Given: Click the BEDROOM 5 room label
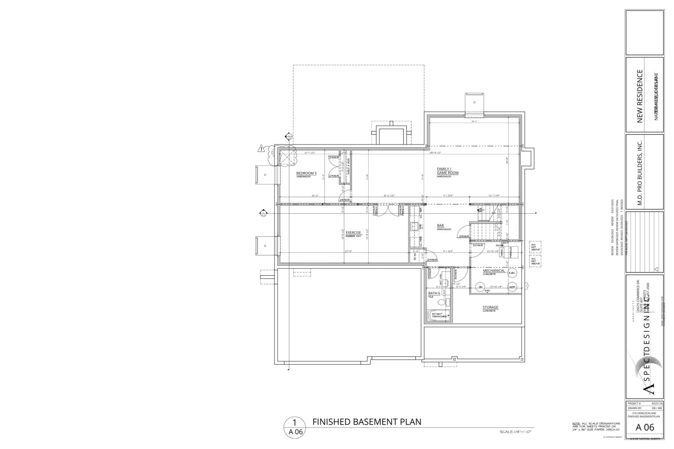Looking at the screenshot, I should point(306,173).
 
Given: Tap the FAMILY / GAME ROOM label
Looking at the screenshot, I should point(447,171).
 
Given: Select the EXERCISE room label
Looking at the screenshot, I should point(353,232).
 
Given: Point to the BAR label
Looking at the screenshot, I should point(440,226).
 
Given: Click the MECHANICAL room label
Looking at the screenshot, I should point(494,271).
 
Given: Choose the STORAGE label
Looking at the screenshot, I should point(490,308).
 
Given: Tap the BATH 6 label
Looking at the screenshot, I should point(434,293).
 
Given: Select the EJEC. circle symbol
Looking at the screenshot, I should point(513,273).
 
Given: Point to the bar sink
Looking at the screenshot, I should point(415,227).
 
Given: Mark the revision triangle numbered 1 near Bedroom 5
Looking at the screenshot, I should point(261,148).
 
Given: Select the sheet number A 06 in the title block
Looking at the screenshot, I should point(645,427).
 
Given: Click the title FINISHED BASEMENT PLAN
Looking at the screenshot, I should point(367,422).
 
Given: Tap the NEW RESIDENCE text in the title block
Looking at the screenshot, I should point(640,96).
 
